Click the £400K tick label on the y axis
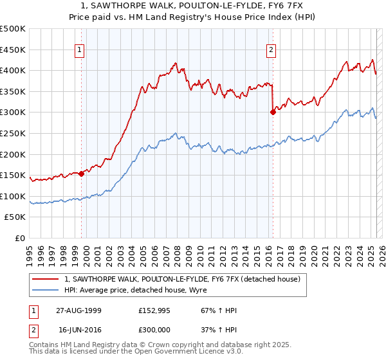pyautogui.click(x=12, y=71)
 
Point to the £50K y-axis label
pyautogui.click(x=15, y=217)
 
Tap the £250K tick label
pyautogui.click(x=12, y=133)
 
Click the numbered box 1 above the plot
pyautogui.click(x=79, y=50)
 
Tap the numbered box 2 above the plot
pyautogui.click(x=271, y=50)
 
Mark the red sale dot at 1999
pyautogui.click(x=82, y=174)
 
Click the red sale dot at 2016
pyautogui.click(x=273, y=112)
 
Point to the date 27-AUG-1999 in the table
pyautogui.click(x=78, y=310)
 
